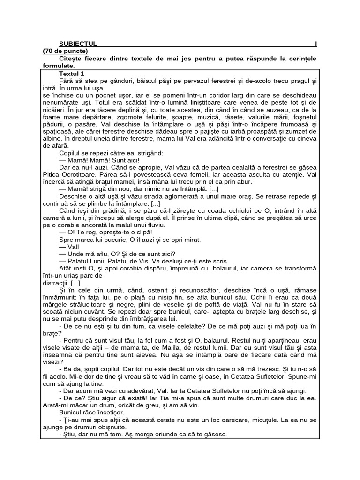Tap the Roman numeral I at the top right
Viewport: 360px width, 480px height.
(315, 44)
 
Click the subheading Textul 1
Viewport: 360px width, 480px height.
(72, 74)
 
